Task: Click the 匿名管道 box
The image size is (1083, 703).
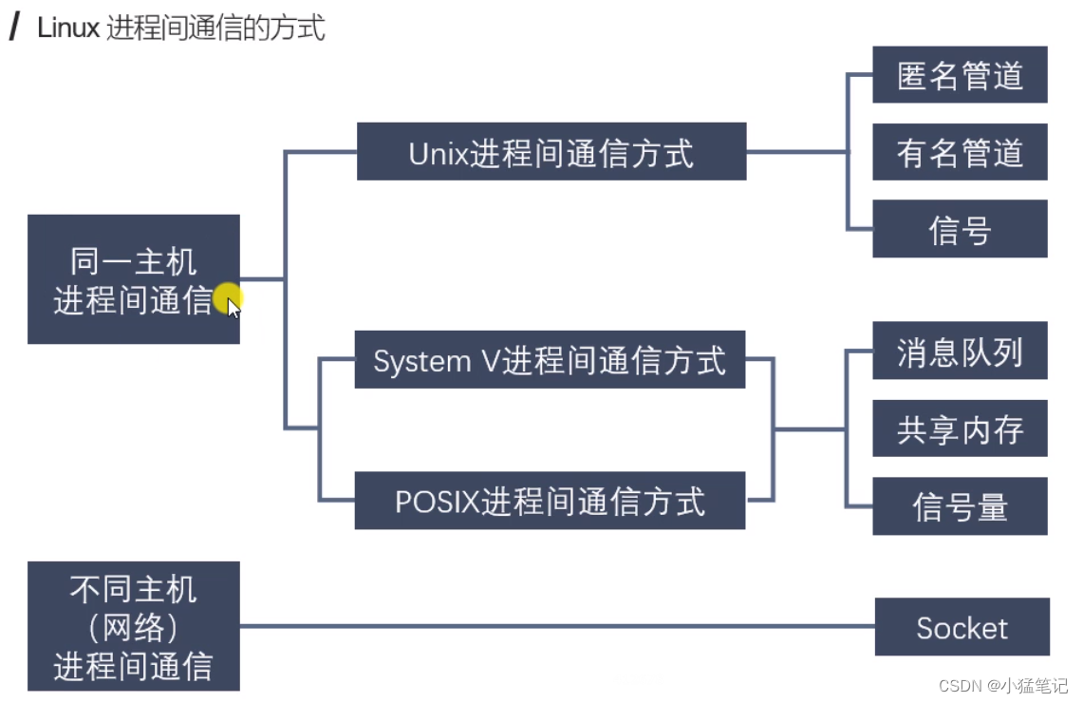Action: [960, 75]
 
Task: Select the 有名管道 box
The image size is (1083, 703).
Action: [960, 152]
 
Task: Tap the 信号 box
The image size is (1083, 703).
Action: [960, 229]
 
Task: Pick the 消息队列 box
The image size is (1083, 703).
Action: [960, 351]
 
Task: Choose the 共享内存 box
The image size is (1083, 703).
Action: [960, 429]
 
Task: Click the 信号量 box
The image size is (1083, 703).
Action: [960, 506]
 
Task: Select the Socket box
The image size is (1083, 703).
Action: [962, 627]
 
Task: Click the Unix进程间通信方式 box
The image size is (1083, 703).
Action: [551, 152]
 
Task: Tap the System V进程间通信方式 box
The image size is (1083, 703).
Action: [550, 360]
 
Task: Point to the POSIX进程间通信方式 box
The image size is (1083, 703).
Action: [550, 501]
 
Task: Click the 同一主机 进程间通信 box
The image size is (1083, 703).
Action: [133, 279]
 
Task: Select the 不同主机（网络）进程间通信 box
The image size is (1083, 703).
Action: [133, 626]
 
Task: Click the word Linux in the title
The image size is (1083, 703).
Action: [68, 28]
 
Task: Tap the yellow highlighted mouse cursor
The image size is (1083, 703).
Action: [229, 302]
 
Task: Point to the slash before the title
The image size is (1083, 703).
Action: [14, 28]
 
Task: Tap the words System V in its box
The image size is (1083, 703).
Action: [436, 361]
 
